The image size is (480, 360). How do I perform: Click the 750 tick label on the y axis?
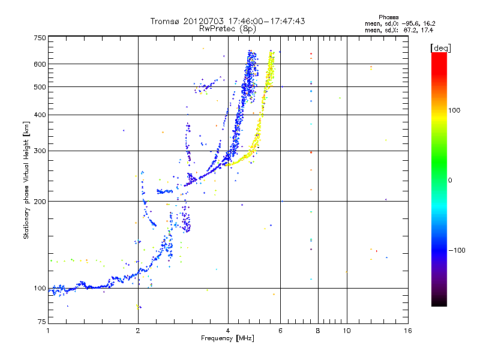[x=40, y=38]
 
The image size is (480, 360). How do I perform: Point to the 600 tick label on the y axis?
[x=40, y=64]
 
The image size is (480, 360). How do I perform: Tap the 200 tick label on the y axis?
[x=40, y=202]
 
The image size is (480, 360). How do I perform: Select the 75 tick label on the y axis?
[x=42, y=322]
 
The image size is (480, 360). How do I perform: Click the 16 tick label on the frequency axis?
[x=408, y=331]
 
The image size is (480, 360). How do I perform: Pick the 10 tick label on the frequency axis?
[x=347, y=331]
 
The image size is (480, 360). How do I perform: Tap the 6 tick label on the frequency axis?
[x=280, y=331]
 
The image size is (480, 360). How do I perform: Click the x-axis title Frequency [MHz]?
[x=227, y=338]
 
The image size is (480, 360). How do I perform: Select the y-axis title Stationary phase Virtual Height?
[x=26, y=181]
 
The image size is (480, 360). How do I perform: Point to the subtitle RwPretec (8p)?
[x=227, y=29]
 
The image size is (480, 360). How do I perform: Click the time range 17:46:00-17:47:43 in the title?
[x=266, y=21]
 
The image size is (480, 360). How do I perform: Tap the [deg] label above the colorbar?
[x=440, y=48]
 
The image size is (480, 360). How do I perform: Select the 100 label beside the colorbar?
[x=454, y=110]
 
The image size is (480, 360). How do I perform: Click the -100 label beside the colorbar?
[x=457, y=250]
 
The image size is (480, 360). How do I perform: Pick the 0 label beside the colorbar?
[x=450, y=181]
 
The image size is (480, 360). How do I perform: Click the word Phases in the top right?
[x=388, y=17]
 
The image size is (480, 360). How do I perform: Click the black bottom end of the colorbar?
[x=439, y=304]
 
